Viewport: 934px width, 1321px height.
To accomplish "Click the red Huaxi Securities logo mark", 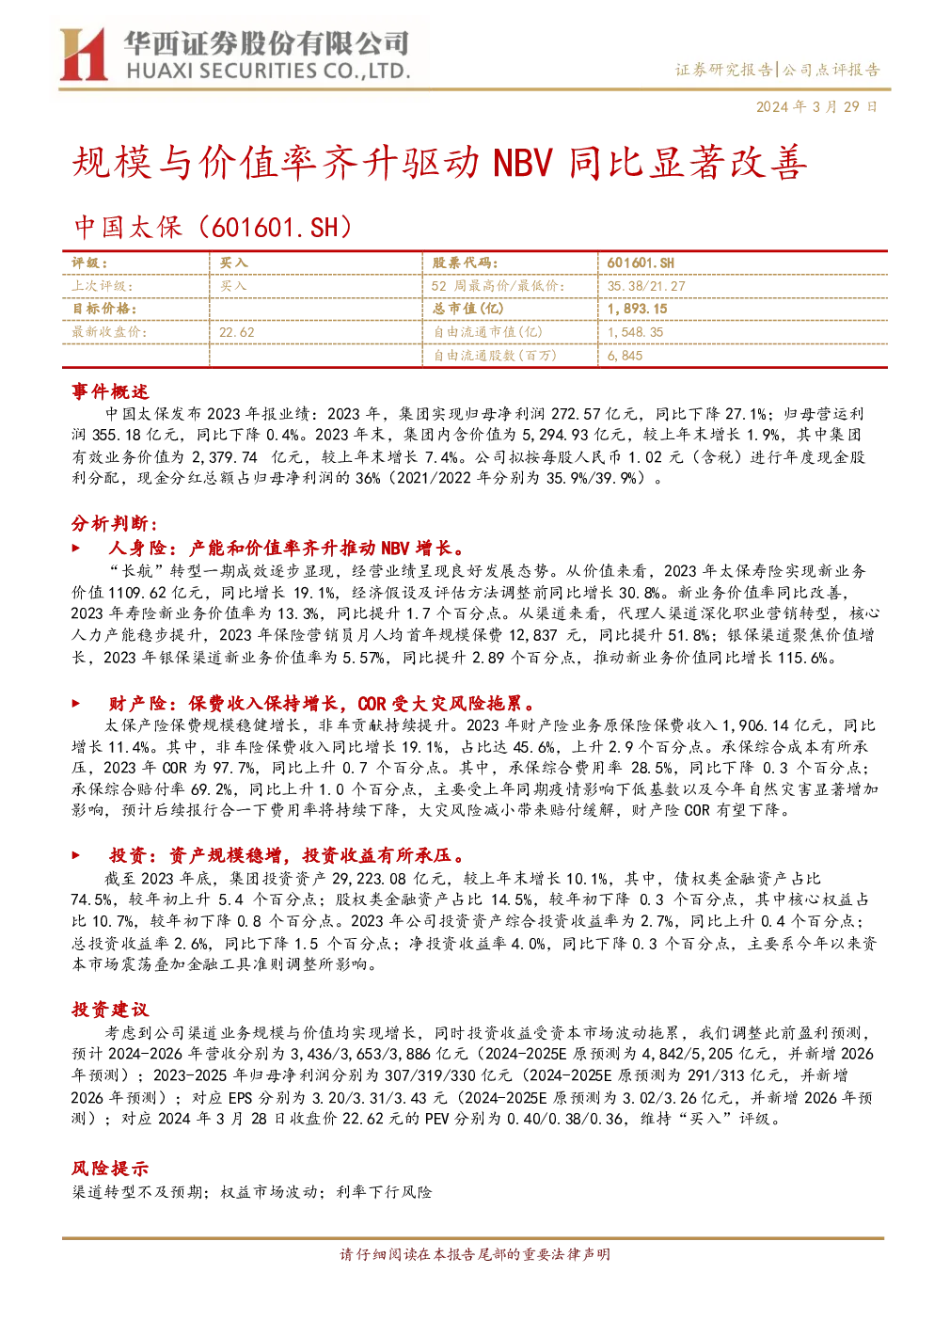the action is click(x=83, y=55).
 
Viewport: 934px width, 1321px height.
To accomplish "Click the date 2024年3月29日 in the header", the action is click(x=816, y=106).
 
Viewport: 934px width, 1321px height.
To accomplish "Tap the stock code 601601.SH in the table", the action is click(x=641, y=263).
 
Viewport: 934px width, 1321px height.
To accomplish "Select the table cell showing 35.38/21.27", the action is click(x=646, y=286).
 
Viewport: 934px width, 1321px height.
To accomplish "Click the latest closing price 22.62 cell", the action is click(x=237, y=332).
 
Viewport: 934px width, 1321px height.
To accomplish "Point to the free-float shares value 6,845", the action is click(x=625, y=356).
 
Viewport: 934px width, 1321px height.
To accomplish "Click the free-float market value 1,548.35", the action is click(x=635, y=332).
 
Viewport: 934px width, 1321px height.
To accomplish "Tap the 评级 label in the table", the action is click(x=89, y=263).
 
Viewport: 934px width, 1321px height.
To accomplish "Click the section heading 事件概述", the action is click(x=110, y=391).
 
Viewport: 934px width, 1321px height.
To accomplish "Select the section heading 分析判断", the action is click(x=115, y=523).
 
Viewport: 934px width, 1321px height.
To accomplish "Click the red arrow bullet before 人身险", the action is click(x=76, y=548).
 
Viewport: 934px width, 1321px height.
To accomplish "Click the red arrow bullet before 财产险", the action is click(x=76, y=703).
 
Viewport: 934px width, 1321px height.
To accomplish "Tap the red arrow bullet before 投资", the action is click(x=76, y=854).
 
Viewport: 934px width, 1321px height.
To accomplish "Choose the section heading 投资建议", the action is click(x=110, y=1010).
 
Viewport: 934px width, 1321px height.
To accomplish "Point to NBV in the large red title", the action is click(x=522, y=163).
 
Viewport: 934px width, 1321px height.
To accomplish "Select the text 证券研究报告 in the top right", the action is click(x=723, y=71).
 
